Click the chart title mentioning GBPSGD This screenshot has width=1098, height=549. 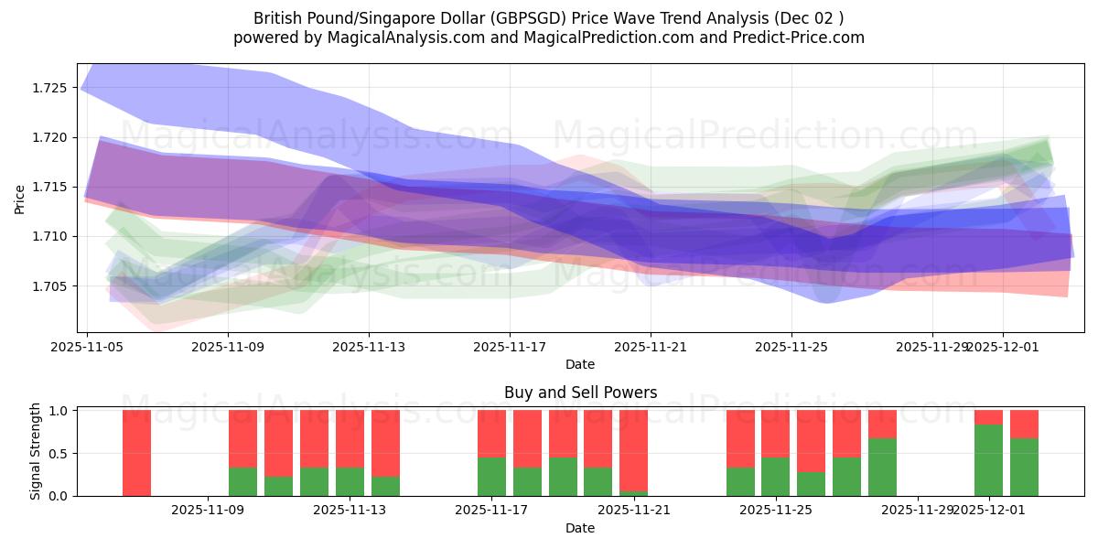tap(548, 17)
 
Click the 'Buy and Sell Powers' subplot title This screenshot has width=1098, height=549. tap(580, 393)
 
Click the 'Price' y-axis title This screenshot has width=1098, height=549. tap(20, 198)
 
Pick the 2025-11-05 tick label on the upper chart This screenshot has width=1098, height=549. tap(87, 347)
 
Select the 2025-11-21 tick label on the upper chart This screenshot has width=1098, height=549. tap(651, 347)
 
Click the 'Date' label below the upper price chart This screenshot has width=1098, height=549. tap(580, 364)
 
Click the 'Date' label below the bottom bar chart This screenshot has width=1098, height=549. tap(580, 528)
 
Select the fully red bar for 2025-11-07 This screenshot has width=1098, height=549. tap(136, 453)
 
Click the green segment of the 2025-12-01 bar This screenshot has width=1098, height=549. tap(988, 460)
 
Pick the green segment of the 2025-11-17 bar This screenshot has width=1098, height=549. tap(491, 477)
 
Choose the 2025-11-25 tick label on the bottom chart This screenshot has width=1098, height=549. tap(775, 511)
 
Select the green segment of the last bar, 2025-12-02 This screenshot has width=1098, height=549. tap(1024, 467)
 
